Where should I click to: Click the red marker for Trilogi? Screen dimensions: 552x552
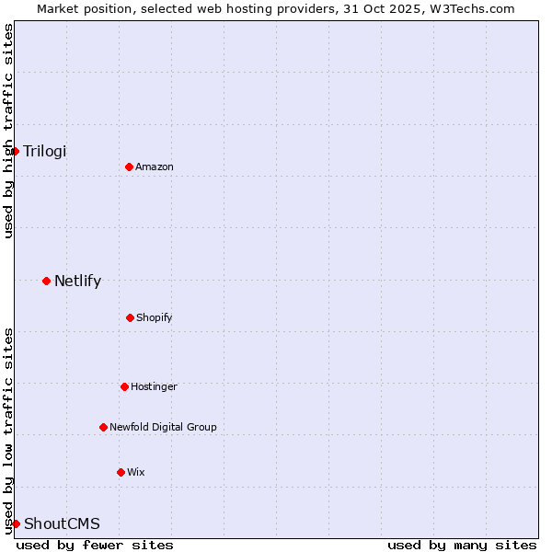(x=16, y=151)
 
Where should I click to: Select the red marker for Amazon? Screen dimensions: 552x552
(x=129, y=167)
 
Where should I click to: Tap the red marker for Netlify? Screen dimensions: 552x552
(x=46, y=281)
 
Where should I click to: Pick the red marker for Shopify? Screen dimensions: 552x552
(x=130, y=317)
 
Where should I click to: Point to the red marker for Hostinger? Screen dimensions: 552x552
(x=124, y=386)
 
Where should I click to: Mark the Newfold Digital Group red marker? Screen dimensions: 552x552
(x=103, y=427)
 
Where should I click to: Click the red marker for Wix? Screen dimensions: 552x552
(x=121, y=472)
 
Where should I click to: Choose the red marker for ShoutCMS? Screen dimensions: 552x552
(x=16, y=523)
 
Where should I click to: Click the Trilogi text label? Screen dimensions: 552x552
(x=45, y=151)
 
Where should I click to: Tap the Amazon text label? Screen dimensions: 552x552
(x=155, y=167)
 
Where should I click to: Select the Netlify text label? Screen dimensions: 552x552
(x=77, y=281)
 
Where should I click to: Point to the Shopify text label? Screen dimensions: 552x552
(x=155, y=317)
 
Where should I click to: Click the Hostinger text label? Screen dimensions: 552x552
(x=154, y=386)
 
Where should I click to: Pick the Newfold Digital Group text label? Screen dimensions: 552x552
(x=163, y=427)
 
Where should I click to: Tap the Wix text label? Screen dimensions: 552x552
(x=136, y=472)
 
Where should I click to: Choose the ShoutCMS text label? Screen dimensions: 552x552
(x=62, y=523)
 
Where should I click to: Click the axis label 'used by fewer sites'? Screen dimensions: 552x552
(x=95, y=545)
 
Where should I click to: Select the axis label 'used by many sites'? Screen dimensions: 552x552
(x=462, y=545)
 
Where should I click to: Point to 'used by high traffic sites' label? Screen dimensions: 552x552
(x=8, y=131)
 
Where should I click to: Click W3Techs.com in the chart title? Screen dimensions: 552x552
(x=468, y=8)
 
